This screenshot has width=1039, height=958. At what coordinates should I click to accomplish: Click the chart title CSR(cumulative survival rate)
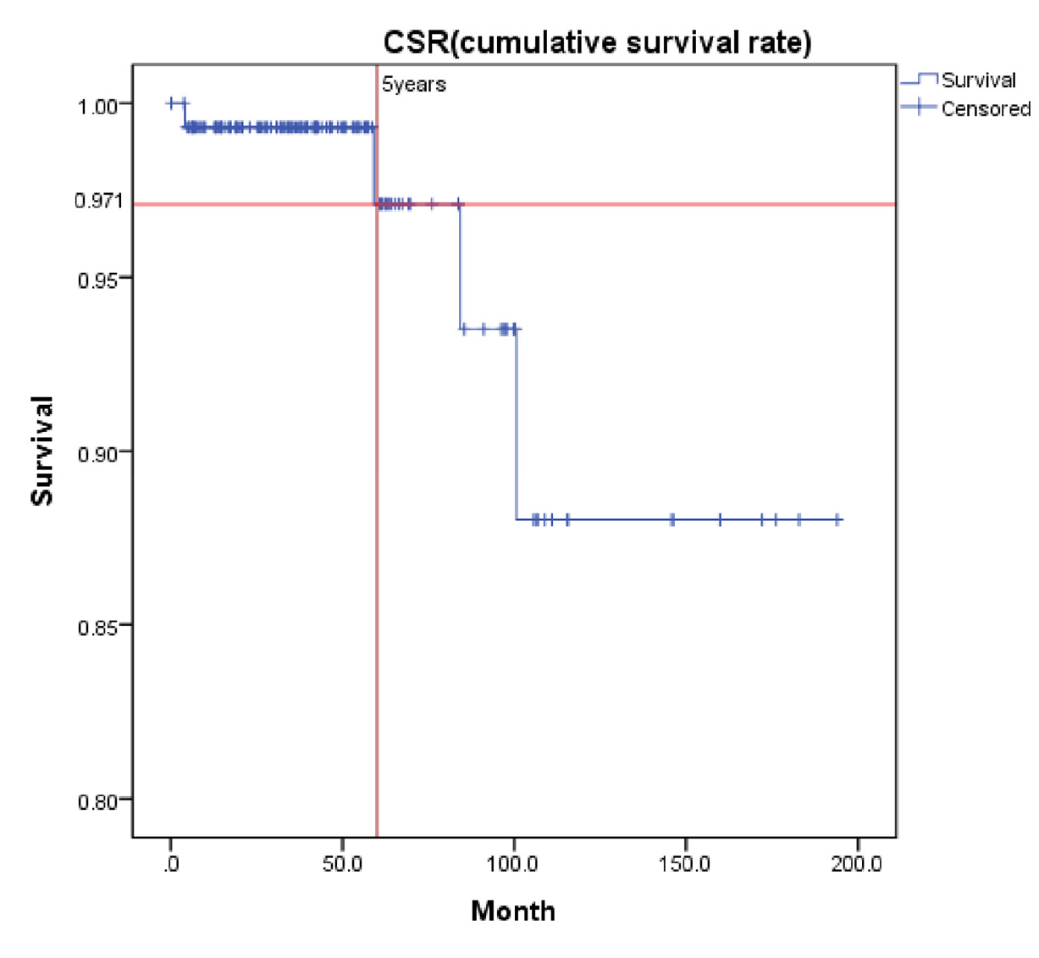point(597,42)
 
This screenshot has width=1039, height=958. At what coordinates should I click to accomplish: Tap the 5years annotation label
point(413,85)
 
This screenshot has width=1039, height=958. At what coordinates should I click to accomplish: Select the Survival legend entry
point(978,80)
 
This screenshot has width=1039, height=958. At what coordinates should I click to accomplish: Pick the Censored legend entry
point(985,108)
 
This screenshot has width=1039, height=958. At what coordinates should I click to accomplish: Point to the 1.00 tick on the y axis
point(97,107)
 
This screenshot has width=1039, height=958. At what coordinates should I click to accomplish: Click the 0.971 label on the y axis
point(98,201)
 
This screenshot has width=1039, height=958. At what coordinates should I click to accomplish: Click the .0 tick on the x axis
point(171,865)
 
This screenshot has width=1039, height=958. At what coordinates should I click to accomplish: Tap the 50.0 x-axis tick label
point(342,865)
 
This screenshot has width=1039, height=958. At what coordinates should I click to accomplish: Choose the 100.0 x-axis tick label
point(514,865)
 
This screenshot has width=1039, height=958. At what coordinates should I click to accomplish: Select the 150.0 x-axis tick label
point(685,865)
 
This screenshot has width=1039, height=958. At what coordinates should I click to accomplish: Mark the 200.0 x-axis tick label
point(857,865)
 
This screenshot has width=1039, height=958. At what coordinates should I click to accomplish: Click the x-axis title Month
point(513,911)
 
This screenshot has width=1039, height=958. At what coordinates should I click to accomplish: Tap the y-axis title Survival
point(41,450)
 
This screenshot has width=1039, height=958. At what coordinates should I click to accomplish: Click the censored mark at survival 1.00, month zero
point(172,103)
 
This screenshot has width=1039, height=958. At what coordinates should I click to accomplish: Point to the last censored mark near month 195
point(837,519)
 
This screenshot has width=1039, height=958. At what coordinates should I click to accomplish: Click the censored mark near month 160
point(720,519)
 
